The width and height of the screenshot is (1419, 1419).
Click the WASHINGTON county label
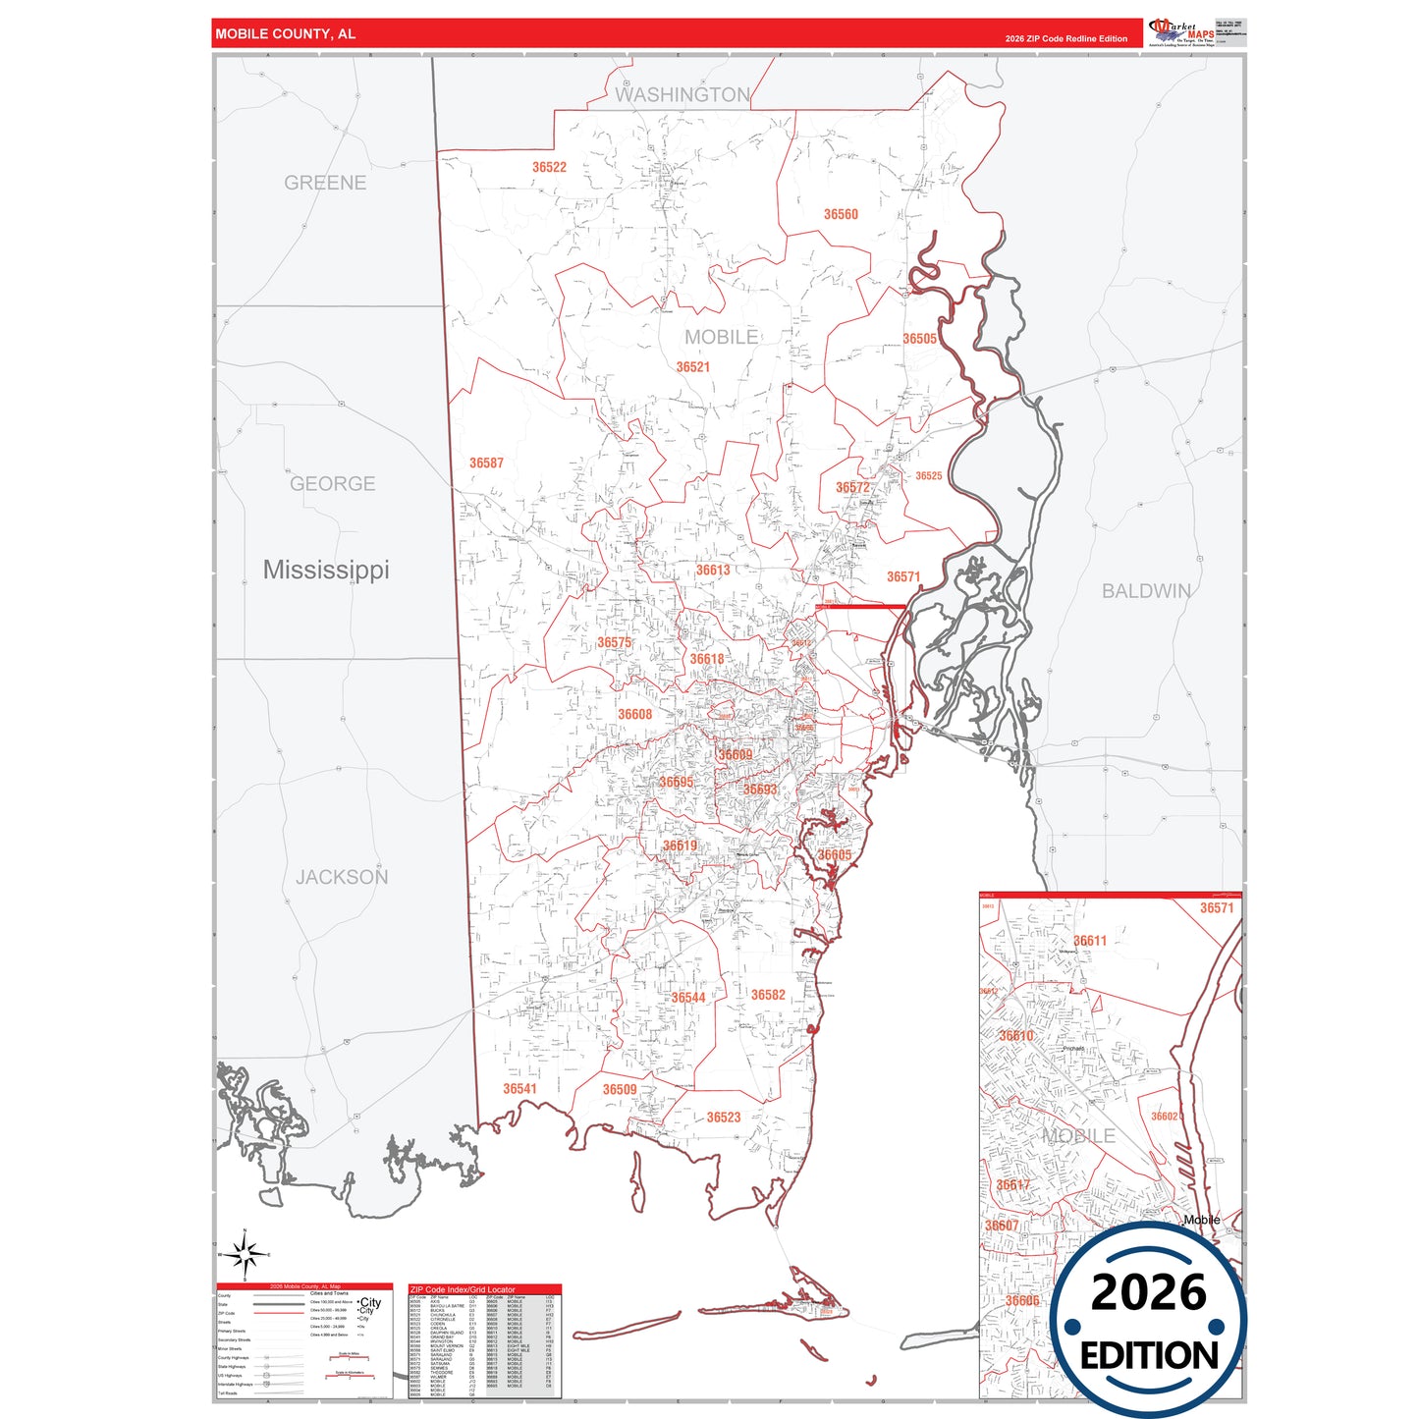[682, 95]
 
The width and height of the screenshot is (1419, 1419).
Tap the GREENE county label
[325, 183]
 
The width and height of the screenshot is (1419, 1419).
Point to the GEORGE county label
[332, 484]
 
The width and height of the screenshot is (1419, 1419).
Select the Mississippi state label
[326, 570]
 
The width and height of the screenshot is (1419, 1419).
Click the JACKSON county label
[342, 877]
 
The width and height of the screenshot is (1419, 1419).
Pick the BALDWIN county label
[1146, 591]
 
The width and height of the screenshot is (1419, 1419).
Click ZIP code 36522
[549, 167]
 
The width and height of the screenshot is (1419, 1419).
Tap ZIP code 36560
[841, 214]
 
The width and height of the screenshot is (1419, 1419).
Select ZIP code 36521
[692, 367]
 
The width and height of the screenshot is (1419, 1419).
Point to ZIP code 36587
[486, 463]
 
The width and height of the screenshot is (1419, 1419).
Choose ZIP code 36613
[713, 570]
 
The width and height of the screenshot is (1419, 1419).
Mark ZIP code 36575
[615, 643]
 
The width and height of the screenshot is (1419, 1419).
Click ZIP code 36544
[688, 998]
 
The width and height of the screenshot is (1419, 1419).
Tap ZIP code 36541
[519, 1088]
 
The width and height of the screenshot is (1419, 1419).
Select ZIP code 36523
[724, 1118]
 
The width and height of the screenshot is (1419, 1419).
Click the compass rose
[244, 1254]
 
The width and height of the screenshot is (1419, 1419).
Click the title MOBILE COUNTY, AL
[286, 34]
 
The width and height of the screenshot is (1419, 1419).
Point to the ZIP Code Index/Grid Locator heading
[463, 1289]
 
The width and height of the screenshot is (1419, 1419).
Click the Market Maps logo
[1181, 32]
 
